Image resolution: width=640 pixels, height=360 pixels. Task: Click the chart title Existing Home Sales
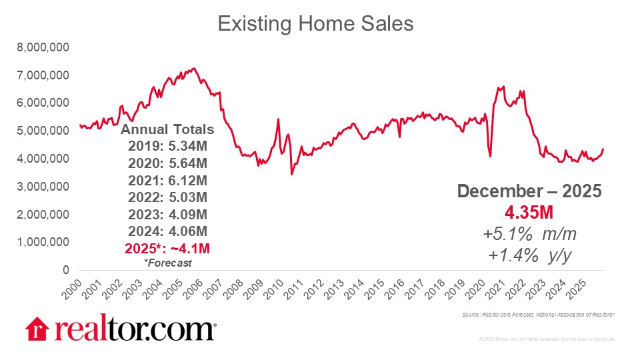click(x=316, y=24)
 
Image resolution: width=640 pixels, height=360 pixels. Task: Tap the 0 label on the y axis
click(x=65, y=270)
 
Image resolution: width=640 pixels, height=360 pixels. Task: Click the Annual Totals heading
click(x=167, y=129)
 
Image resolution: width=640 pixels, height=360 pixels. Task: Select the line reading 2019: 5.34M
click(x=167, y=146)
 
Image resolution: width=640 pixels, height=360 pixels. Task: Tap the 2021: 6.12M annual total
click(x=167, y=180)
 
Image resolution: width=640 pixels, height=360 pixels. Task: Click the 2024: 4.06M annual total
click(x=167, y=231)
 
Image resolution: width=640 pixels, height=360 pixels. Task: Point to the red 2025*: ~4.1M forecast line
click(x=167, y=248)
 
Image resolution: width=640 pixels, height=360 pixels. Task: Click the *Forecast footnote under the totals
click(x=167, y=262)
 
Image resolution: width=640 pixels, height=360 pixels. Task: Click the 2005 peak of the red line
click(x=193, y=68)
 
